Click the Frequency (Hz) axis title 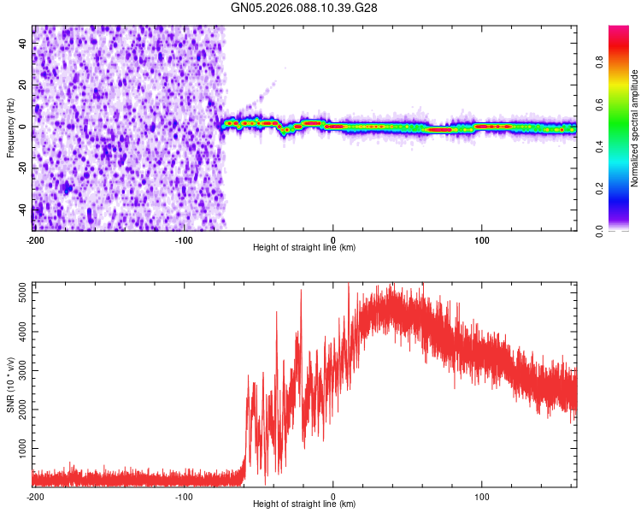point(10,127)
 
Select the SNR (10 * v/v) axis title point(10,385)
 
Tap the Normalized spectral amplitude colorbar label point(634,127)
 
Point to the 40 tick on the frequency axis point(24,44)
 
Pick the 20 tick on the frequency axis point(24,85)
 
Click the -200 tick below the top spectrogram point(35,239)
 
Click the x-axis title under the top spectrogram point(304,247)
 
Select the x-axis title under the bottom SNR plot point(304,504)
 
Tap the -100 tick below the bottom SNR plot point(184,496)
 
